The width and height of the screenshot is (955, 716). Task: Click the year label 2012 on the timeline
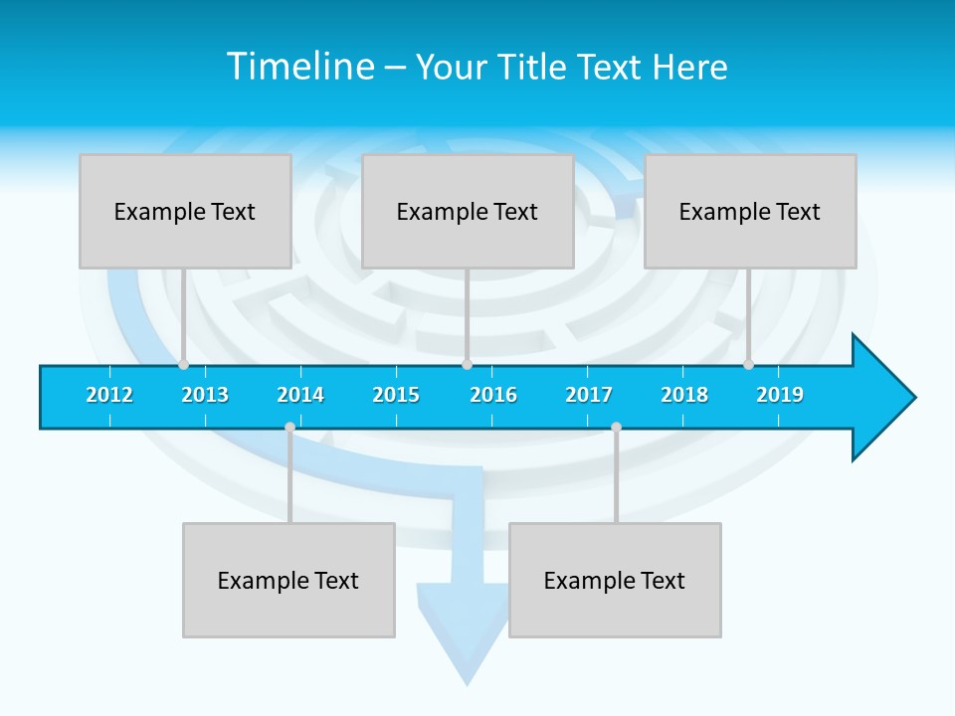click(109, 395)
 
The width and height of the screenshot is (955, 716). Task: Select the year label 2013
click(205, 395)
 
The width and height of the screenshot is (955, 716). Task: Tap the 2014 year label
click(300, 395)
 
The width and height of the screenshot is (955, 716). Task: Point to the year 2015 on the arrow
click(396, 395)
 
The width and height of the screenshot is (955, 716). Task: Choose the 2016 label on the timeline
click(493, 395)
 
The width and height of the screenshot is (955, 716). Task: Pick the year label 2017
click(589, 395)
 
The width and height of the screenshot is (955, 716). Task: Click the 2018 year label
click(684, 395)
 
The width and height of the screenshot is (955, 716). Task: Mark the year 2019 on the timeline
click(780, 395)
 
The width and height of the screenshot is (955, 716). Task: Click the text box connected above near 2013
click(185, 211)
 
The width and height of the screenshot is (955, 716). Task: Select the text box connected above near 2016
click(468, 211)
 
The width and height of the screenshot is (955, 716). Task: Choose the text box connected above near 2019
click(750, 211)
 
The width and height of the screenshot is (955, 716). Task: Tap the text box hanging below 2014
click(288, 580)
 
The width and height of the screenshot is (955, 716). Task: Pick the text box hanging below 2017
click(615, 580)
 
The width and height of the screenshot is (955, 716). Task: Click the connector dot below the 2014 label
click(289, 428)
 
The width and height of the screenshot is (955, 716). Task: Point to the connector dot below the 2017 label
click(616, 428)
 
